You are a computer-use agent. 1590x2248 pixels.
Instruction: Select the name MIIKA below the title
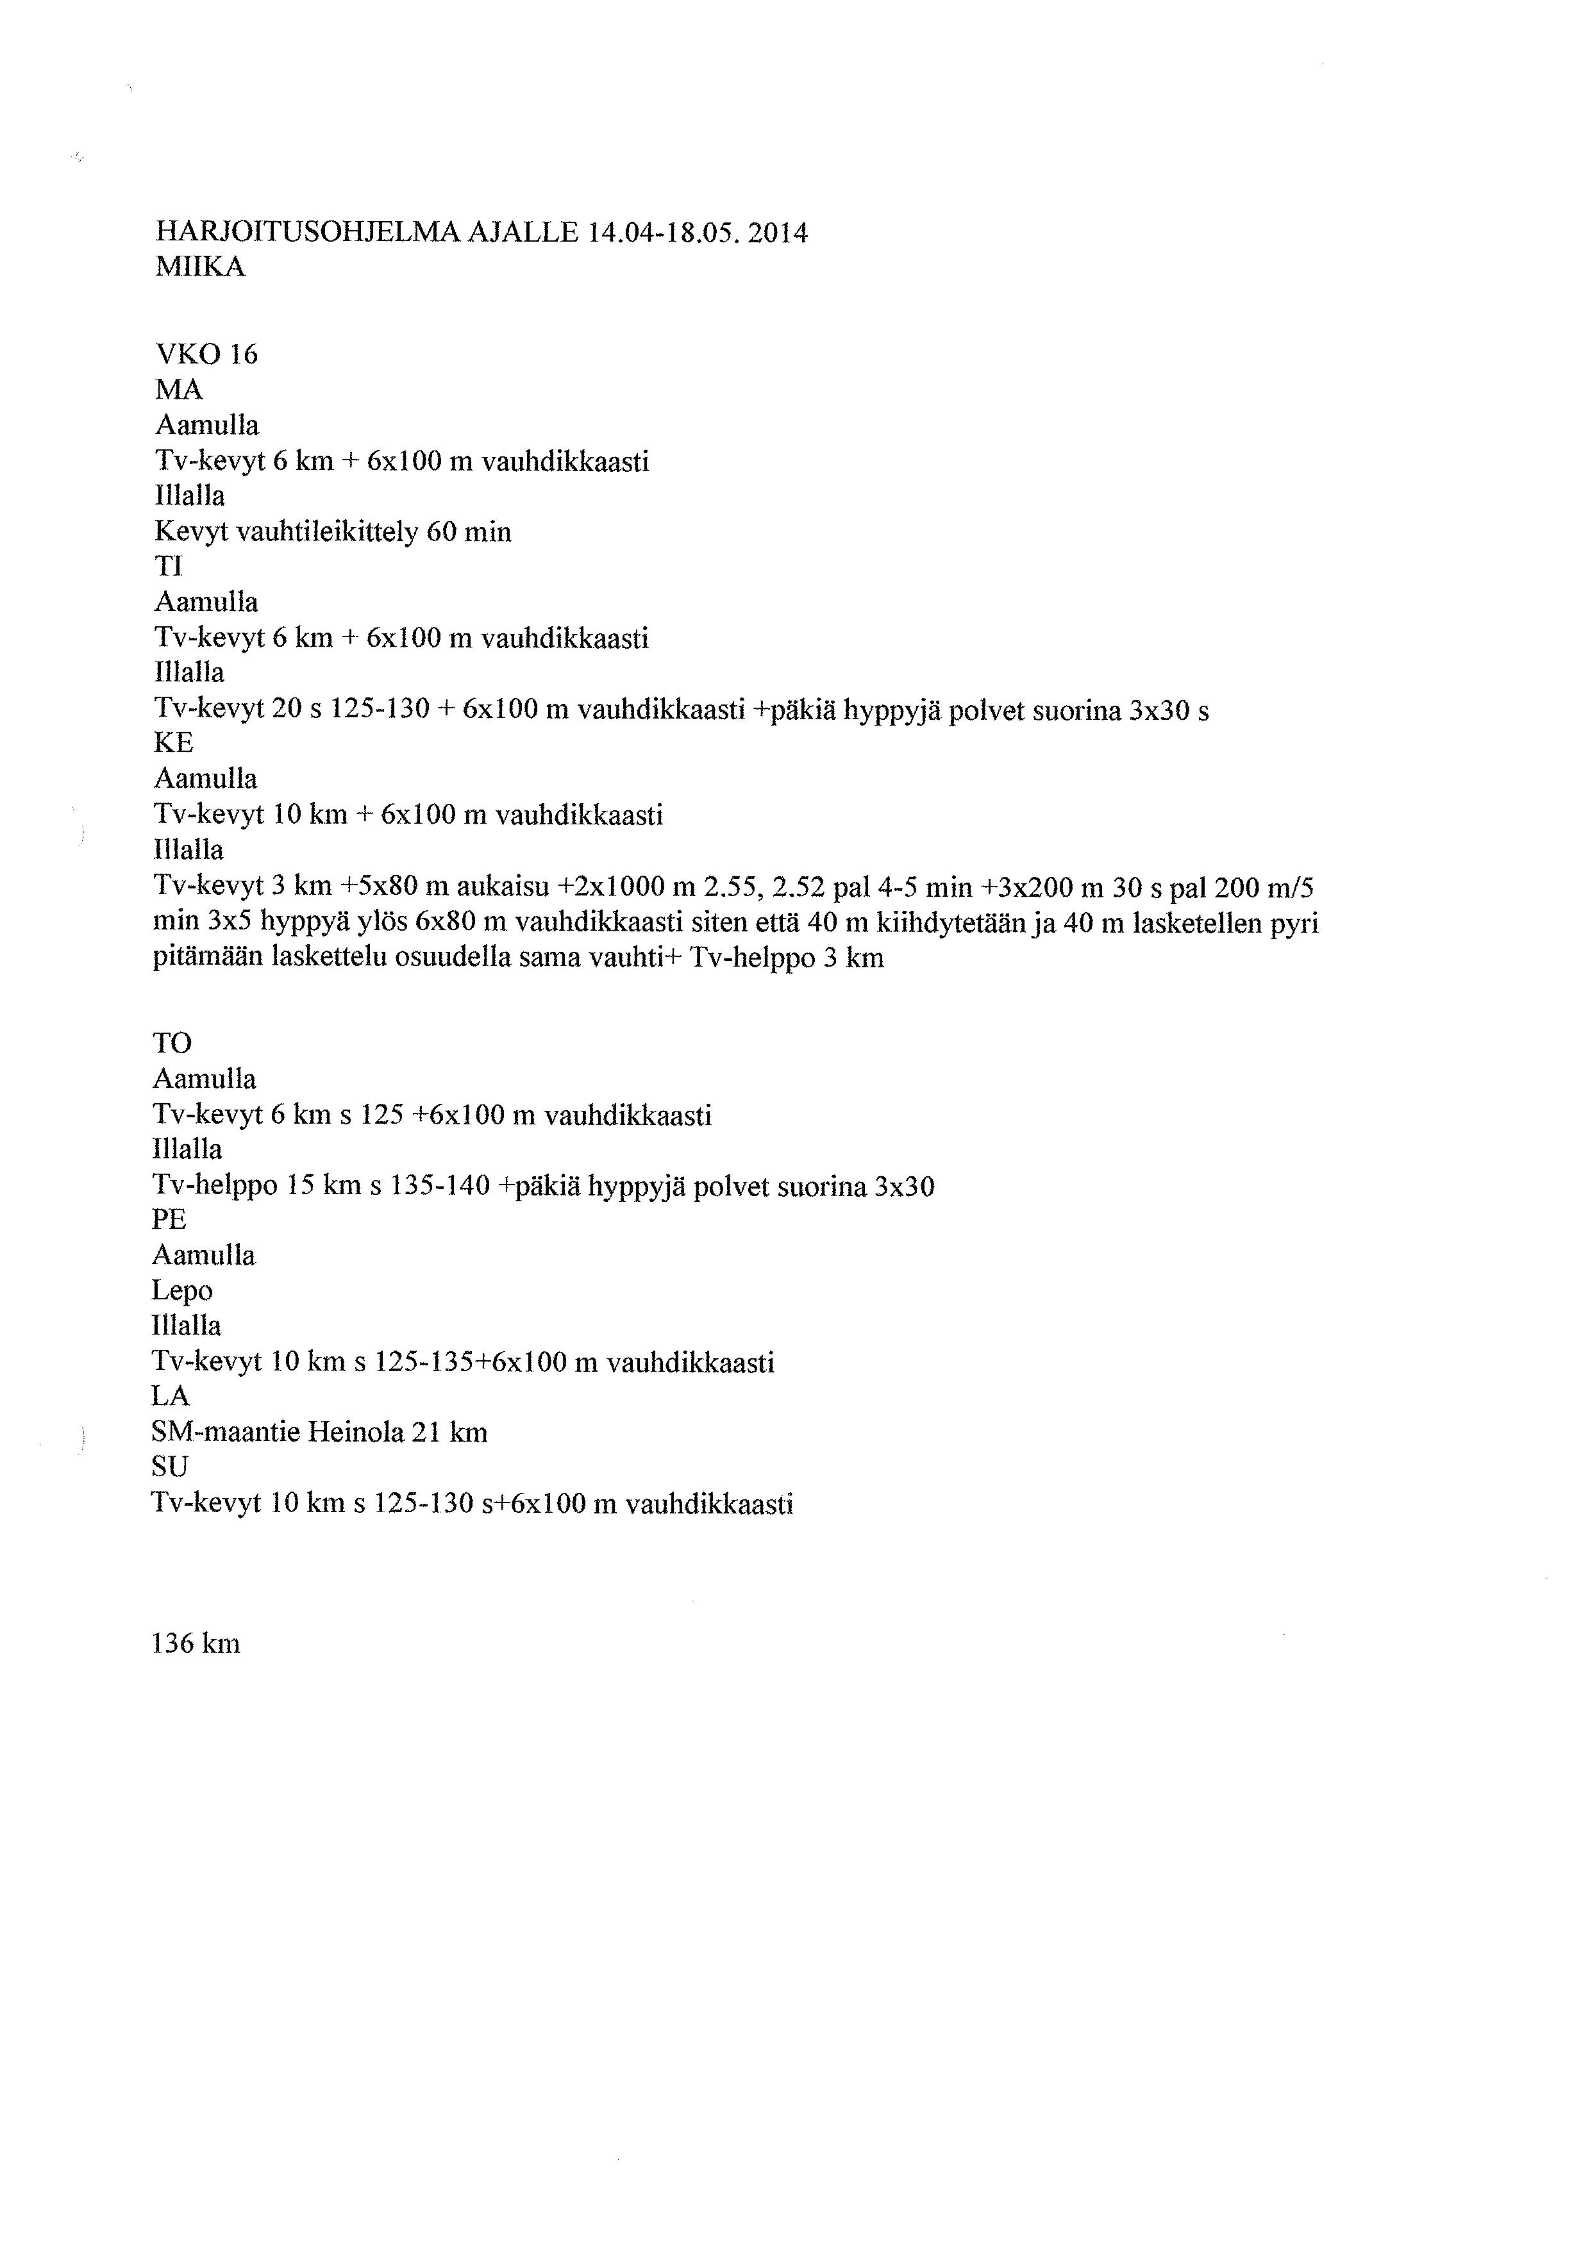point(200,267)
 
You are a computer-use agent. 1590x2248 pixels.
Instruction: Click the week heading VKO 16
point(206,354)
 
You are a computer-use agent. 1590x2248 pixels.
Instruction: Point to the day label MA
point(178,390)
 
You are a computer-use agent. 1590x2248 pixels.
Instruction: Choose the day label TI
point(169,567)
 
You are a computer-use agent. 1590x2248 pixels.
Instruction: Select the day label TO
point(172,1044)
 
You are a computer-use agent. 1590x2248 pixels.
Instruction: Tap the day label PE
point(169,1220)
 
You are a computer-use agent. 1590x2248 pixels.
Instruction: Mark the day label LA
point(171,1396)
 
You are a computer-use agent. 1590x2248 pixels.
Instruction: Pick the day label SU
point(171,1467)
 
